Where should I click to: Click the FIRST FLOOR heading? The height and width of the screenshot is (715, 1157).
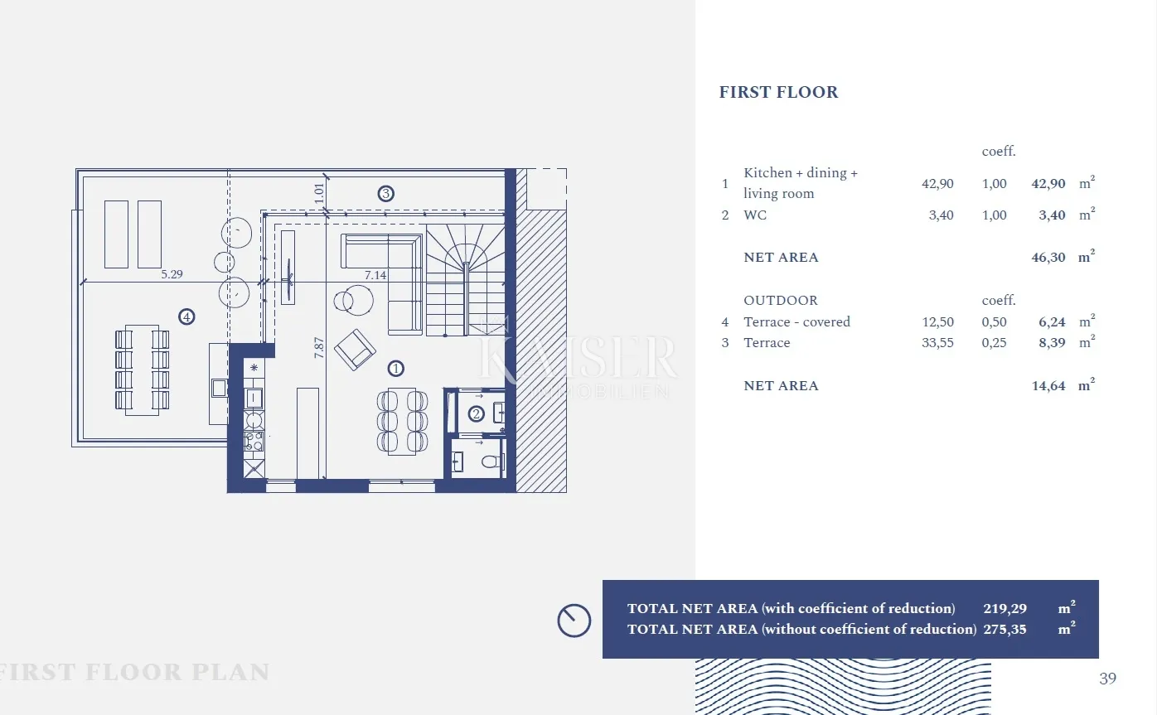point(778,92)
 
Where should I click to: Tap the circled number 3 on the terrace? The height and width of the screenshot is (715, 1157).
point(386,194)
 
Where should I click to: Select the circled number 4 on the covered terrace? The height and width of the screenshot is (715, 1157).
point(186,316)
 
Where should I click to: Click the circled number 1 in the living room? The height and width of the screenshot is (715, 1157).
point(395,369)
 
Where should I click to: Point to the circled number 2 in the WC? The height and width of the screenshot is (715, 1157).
point(476,413)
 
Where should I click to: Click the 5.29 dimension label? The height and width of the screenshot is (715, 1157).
point(172,274)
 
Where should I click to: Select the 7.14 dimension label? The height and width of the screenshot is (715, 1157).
point(375,275)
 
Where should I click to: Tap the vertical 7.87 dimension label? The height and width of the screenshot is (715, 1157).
point(319,347)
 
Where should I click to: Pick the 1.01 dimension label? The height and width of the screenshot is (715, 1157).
point(319,193)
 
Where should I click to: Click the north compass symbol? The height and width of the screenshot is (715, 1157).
point(574,621)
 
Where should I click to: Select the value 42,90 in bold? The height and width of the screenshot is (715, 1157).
point(1048,184)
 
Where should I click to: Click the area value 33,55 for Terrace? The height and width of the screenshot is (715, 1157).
point(937,343)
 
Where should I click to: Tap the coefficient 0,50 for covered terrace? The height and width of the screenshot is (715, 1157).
point(994,322)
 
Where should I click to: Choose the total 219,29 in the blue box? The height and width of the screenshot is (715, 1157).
point(1005,609)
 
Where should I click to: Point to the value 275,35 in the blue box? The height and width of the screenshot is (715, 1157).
point(1005,630)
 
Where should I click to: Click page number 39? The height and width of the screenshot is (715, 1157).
point(1107,679)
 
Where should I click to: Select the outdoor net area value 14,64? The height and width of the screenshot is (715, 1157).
point(1048,386)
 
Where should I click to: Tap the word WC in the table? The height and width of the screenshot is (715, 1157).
point(755,215)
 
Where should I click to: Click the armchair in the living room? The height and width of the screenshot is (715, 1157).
point(355,350)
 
